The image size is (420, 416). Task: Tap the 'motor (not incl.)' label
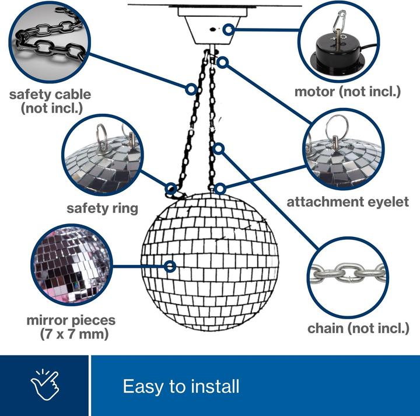pyautogui.click(x=347, y=91)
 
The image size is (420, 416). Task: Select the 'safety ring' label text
pyautogui.click(x=102, y=208)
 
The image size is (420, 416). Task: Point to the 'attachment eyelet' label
pyautogui.click(x=348, y=202)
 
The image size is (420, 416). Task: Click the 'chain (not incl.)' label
pyautogui.click(x=358, y=328)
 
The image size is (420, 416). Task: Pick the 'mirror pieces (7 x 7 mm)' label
pyautogui.click(x=71, y=327)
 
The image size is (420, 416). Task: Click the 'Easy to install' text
pyautogui.click(x=181, y=386)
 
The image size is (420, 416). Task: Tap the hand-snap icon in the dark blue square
pyautogui.click(x=45, y=385)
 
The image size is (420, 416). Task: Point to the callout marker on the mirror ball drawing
pyautogui.click(x=170, y=267)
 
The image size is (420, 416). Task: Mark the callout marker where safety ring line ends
pyautogui.click(x=171, y=188)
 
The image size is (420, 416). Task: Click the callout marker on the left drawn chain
pyautogui.click(x=191, y=89)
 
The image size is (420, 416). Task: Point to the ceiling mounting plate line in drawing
pyautogui.click(x=213, y=5)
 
